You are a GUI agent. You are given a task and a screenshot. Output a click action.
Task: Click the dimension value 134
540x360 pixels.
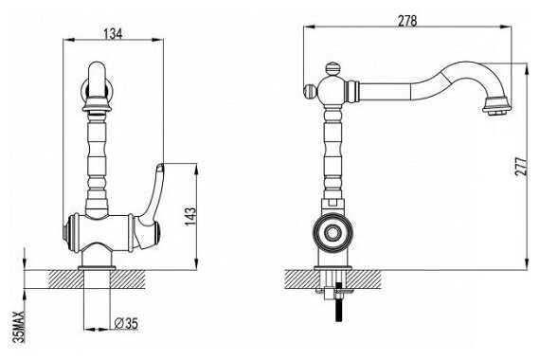[x=113, y=33]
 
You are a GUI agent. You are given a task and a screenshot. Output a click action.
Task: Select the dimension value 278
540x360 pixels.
[x=407, y=21]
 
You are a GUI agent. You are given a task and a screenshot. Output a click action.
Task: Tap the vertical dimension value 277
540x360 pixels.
[x=521, y=167]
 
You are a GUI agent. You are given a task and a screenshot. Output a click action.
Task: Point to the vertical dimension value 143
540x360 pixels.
[x=190, y=216]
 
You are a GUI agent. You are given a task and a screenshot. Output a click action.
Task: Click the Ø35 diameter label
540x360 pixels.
[x=126, y=323]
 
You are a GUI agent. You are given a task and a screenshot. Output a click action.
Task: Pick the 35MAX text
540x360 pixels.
[x=19, y=327]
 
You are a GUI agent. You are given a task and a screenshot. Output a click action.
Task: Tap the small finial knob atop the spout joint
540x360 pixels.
[x=333, y=68]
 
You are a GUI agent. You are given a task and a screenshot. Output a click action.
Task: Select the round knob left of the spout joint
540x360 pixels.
[x=310, y=91]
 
